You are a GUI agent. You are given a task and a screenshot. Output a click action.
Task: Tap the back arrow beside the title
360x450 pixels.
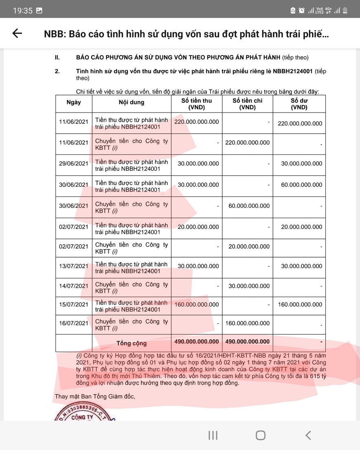pyautogui.click(x=18, y=33)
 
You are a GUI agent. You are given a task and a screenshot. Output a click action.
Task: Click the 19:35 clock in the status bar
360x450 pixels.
pyautogui.click(x=22, y=11)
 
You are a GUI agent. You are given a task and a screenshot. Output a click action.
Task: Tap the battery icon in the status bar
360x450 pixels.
pyautogui.click(x=345, y=11)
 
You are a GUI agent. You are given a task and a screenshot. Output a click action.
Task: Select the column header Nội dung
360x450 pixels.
pyautogui.click(x=131, y=102)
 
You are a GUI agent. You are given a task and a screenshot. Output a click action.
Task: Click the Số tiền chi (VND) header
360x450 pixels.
pyautogui.click(x=247, y=104)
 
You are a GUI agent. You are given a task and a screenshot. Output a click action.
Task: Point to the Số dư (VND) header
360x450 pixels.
pyautogui.click(x=299, y=104)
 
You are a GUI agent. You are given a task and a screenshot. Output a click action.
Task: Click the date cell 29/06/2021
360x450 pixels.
pyautogui.click(x=74, y=163)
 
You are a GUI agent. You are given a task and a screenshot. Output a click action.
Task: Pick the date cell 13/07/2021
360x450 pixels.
pyautogui.click(x=74, y=266)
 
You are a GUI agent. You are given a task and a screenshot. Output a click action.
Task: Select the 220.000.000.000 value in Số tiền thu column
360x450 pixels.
pyautogui.click(x=197, y=121)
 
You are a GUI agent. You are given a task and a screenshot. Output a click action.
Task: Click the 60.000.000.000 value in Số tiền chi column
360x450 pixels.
pyautogui.click(x=249, y=206)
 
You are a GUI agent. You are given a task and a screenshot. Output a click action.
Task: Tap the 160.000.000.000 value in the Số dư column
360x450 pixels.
pyautogui.click(x=300, y=304)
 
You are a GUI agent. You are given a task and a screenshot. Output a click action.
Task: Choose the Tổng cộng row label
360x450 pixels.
pyautogui.click(x=132, y=343)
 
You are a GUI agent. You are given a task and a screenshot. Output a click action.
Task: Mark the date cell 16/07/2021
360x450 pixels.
pyautogui.click(x=74, y=323)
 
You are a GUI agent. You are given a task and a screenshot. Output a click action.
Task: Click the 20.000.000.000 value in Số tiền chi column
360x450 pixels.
pyautogui.click(x=249, y=246)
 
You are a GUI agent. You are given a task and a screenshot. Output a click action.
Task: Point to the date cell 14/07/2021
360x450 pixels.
pyautogui.click(x=74, y=286)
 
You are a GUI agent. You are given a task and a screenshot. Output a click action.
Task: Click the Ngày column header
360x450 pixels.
pyautogui.click(x=74, y=102)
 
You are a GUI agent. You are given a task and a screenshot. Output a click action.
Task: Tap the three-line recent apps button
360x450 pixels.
pyautogui.click(x=213, y=435)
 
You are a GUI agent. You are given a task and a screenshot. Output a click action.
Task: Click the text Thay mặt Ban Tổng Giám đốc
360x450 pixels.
pyautogui.click(x=94, y=396)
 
